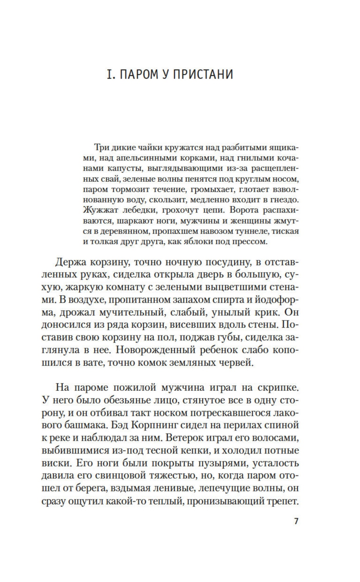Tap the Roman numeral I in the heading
coord(110,75)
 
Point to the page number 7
coord(296,521)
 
